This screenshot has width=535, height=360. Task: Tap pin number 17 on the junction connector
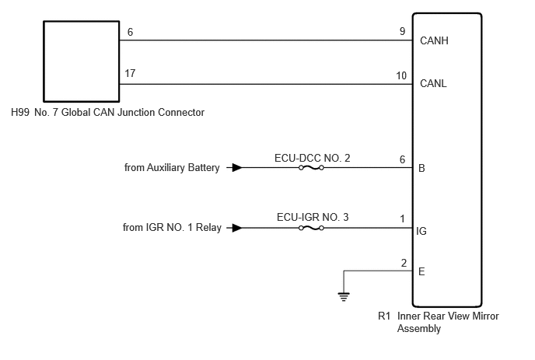click(130, 73)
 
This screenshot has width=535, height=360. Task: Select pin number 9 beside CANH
click(403, 31)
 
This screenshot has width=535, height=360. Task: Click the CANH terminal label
click(434, 40)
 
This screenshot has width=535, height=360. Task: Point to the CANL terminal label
click(433, 84)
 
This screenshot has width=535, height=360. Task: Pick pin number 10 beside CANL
click(401, 75)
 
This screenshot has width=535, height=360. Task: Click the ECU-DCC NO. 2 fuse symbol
click(311, 167)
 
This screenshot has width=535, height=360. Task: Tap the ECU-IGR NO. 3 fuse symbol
click(311, 228)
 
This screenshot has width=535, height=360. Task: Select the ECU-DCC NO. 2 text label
click(312, 158)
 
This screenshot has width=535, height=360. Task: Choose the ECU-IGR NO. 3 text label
click(313, 218)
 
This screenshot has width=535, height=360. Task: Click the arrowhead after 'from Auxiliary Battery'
click(237, 167)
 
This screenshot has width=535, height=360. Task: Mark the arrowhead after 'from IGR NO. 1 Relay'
click(237, 228)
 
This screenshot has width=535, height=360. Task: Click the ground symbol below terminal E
click(344, 297)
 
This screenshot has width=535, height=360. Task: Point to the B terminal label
click(421, 168)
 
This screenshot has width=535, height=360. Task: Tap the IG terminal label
click(421, 232)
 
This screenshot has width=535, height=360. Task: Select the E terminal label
click(421, 271)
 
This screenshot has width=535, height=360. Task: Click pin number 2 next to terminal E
click(404, 263)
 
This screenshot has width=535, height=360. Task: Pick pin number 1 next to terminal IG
click(403, 218)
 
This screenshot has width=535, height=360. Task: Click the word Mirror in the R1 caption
click(485, 316)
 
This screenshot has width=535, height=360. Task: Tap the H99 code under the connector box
click(20, 112)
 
